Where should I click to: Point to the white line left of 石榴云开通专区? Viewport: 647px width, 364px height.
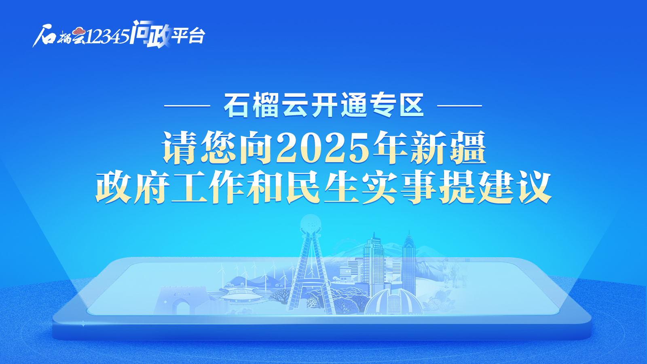coord(187,106)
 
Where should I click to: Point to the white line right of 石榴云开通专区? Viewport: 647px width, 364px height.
coord(459,106)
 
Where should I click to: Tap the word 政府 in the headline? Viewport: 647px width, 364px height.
coord(133,188)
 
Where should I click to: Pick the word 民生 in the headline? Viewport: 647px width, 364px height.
coord(323,188)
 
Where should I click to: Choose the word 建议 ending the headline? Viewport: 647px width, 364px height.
coord(514,188)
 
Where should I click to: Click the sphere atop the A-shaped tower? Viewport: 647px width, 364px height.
coord(311,224)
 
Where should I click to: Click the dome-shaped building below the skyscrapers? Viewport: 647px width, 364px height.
coord(393,301)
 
